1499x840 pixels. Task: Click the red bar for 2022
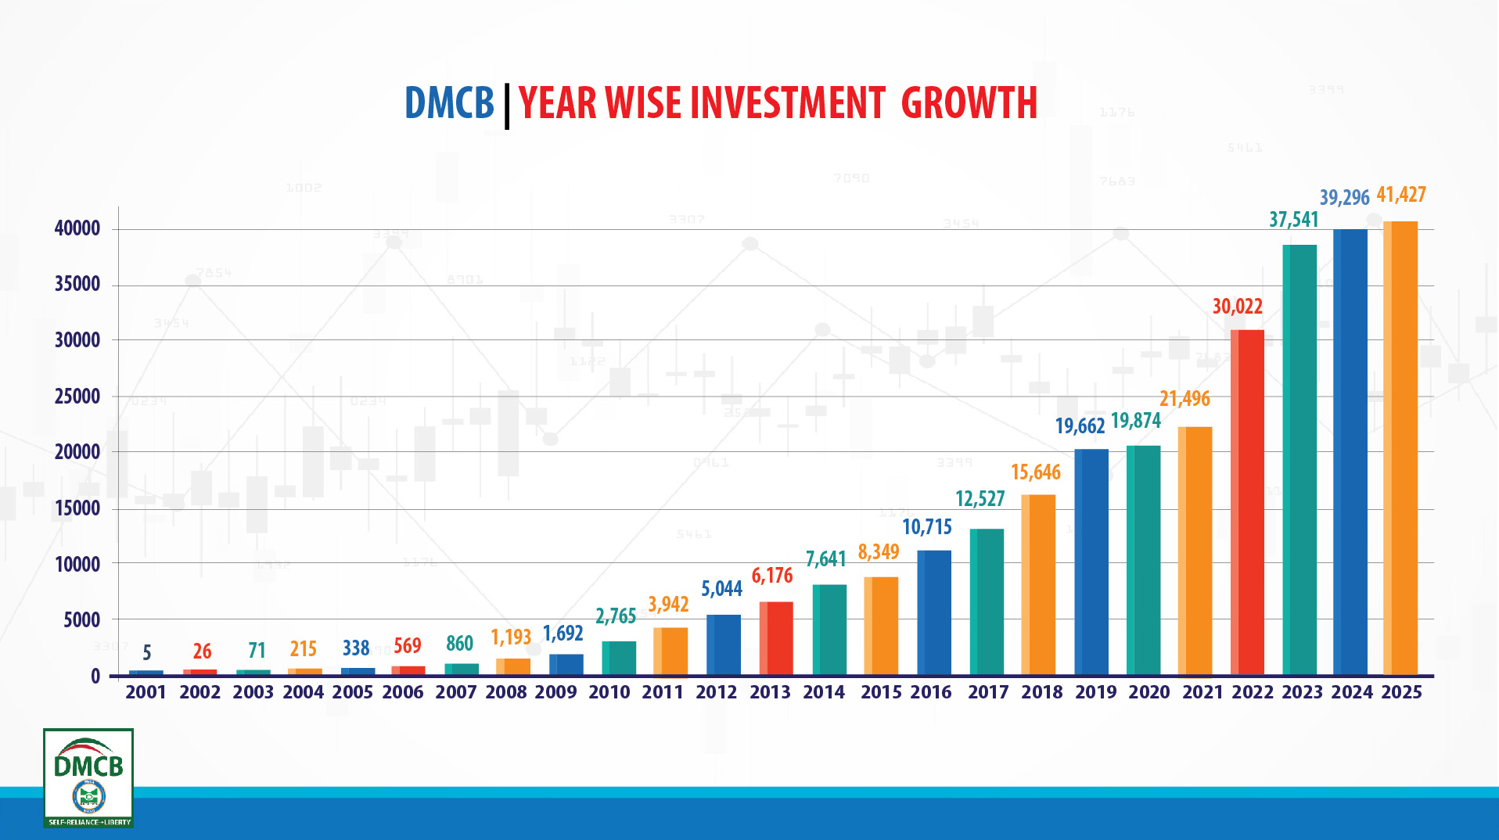[1247, 502]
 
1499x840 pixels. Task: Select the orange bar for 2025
[1400, 448]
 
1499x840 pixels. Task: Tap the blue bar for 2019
[1091, 562]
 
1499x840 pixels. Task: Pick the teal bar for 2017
[987, 601]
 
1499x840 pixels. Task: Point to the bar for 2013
[776, 638]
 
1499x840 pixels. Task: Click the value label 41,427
[1401, 194]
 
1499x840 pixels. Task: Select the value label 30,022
[1238, 306]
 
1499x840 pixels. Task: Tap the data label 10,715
[927, 526]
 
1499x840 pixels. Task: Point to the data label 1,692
[563, 633]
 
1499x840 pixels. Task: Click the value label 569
[408, 645]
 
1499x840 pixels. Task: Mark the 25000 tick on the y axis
[77, 397]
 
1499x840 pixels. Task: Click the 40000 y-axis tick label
[77, 228]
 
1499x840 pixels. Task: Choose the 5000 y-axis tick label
[82, 620]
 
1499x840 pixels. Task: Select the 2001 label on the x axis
[146, 692]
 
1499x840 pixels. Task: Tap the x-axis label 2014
[824, 692]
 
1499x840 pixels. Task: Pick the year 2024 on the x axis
[1352, 692]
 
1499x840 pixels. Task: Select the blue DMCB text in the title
[449, 103]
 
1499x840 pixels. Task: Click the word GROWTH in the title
[969, 103]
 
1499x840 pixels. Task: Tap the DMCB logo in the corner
[88, 777]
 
